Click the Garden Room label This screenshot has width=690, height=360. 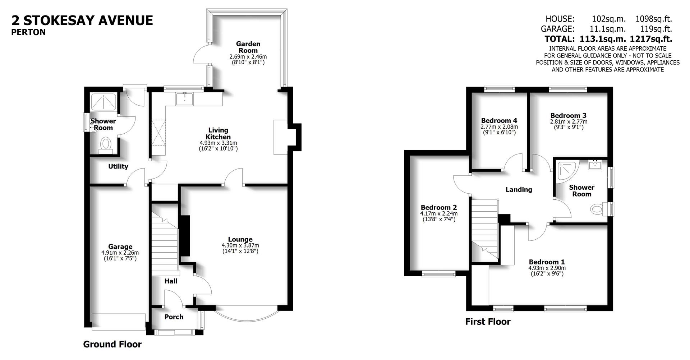(248, 47)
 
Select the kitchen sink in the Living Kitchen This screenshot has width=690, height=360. (184, 99)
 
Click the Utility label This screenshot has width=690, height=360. (118, 166)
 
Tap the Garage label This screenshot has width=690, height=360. (120, 246)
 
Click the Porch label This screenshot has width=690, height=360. (174, 317)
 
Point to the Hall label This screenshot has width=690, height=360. (171, 281)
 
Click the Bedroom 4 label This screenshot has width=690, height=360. (499, 120)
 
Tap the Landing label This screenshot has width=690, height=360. (519, 189)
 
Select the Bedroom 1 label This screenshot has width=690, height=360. (547, 262)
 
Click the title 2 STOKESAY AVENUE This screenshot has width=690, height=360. (82, 20)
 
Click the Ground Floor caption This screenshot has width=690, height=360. (112, 344)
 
